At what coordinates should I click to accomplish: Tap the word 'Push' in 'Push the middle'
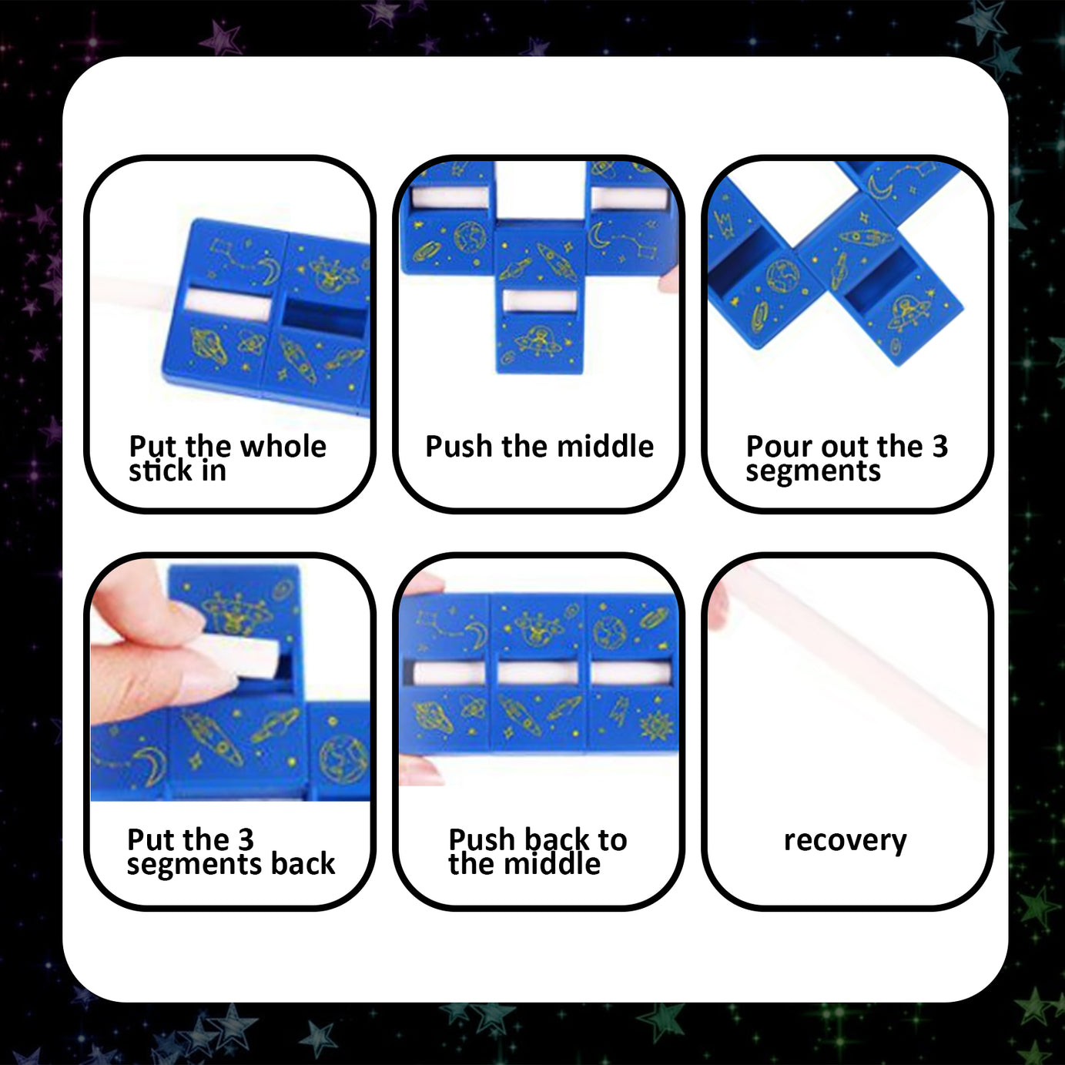pyautogui.click(x=459, y=447)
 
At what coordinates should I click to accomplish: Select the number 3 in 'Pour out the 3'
pyautogui.click(x=939, y=447)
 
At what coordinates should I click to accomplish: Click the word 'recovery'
pyautogui.click(x=845, y=840)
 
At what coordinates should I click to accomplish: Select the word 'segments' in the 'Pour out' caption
pyautogui.click(x=812, y=471)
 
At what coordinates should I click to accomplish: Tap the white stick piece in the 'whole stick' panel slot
pyautogui.click(x=227, y=306)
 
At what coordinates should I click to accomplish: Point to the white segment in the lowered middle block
pyautogui.click(x=539, y=300)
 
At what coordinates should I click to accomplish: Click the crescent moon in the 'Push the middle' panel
pyautogui.click(x=599, y=234)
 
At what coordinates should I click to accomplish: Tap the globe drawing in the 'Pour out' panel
pyautogui.click(x=783, y=276)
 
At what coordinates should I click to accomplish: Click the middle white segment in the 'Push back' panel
pyautogui.click(x=538, y=672)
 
